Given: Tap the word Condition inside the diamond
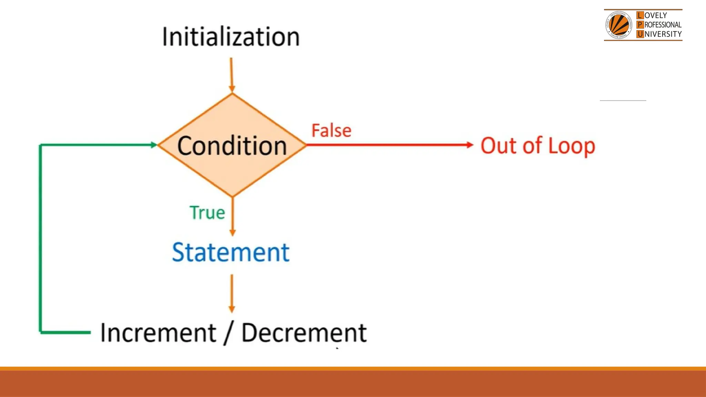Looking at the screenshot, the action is click(232, 146).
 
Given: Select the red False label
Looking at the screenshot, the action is click(331, 131).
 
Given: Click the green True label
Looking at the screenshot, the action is click(207, 212).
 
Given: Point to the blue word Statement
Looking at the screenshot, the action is click(231, 252).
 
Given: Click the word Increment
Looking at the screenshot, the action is click(158, 333).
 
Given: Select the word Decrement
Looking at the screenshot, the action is click(304, 333).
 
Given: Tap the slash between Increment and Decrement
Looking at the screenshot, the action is click(229, 334).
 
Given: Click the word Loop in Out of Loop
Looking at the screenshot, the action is click(571, 146).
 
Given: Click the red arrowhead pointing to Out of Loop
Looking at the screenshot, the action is click(470, 145).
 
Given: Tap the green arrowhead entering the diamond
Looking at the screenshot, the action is click(154, 145).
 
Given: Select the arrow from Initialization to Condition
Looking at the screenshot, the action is click(231, 75).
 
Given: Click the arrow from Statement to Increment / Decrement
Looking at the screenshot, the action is click(232, 293).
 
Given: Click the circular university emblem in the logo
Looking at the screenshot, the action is click(619, 25).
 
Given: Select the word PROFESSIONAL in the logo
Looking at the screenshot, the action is click(663, 25).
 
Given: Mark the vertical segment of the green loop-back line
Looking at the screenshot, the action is click(40, 238).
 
